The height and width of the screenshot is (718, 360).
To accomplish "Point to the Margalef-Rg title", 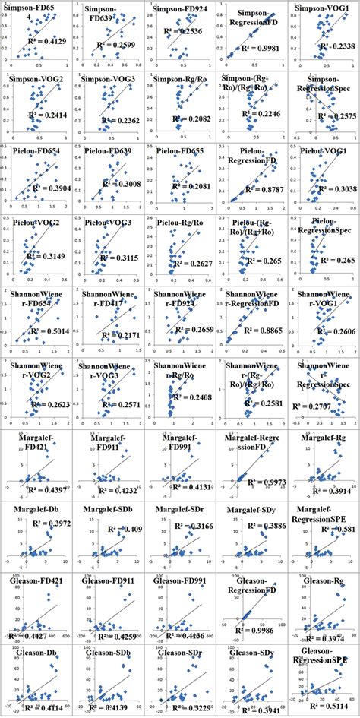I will [x=326, y=438].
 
